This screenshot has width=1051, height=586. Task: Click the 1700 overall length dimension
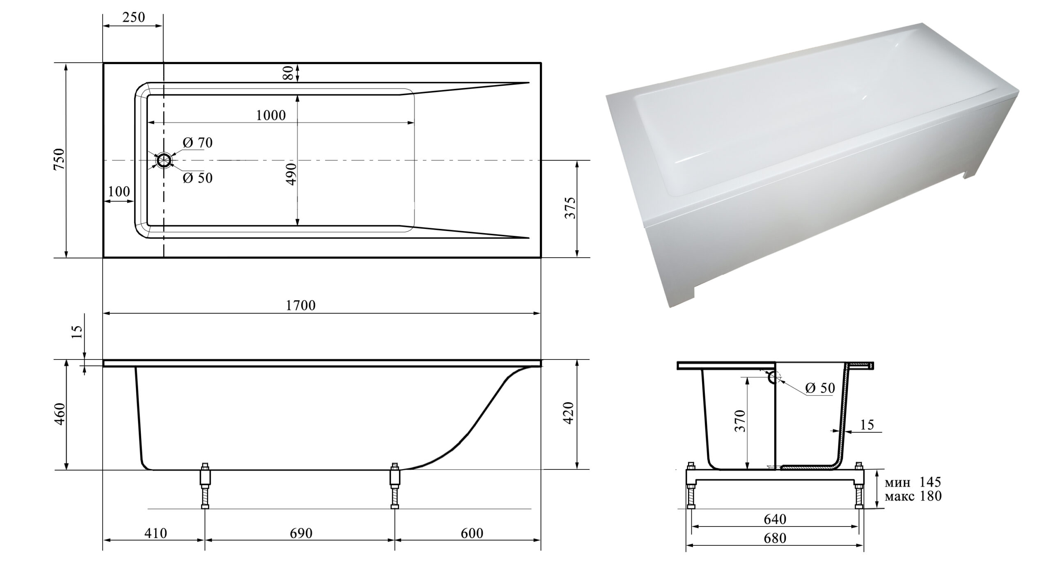click(x=301, y=305)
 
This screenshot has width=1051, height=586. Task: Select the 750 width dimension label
click(x=59, y=160)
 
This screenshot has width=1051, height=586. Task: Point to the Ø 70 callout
click(x=198, y=142)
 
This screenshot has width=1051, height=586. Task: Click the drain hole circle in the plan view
click(x=164, y=160)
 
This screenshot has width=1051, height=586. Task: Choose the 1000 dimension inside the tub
click(x=271, y=115)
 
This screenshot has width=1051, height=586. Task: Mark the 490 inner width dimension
click(x=291, y=174)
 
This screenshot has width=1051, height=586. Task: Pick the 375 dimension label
click(x=570, y=208)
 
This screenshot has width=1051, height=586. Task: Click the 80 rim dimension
click(x=288, y=73)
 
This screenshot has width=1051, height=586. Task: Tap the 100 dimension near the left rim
click(x=119, y=191)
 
